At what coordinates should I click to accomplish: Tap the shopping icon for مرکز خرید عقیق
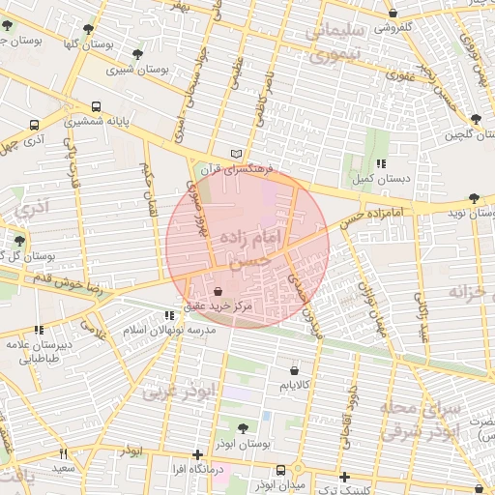217,290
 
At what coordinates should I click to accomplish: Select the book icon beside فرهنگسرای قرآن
238,155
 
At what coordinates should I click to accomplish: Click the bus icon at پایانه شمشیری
96,107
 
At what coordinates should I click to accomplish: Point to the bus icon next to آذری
35,126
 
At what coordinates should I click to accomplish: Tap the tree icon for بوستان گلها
90,30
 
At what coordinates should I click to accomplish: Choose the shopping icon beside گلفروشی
393,13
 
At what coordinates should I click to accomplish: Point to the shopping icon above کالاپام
294,370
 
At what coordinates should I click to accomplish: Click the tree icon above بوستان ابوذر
243,428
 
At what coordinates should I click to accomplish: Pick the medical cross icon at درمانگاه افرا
198,453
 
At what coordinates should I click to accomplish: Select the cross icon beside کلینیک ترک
345,477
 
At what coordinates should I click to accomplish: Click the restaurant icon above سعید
63,453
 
